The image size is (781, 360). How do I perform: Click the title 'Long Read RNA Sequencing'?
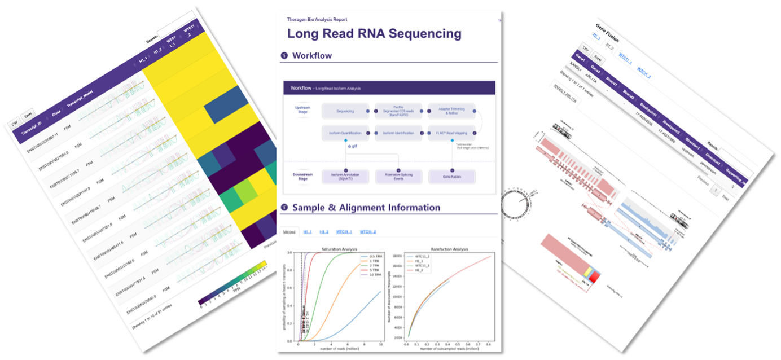[374, 34]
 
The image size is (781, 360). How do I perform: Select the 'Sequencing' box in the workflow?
[345, 111]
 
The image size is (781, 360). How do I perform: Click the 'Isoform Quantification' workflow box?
[344, 133]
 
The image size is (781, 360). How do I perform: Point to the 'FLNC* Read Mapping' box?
[451, 133]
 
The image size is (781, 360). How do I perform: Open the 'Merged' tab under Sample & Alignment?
[289, 232]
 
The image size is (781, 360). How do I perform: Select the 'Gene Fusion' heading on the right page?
[607, 33]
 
